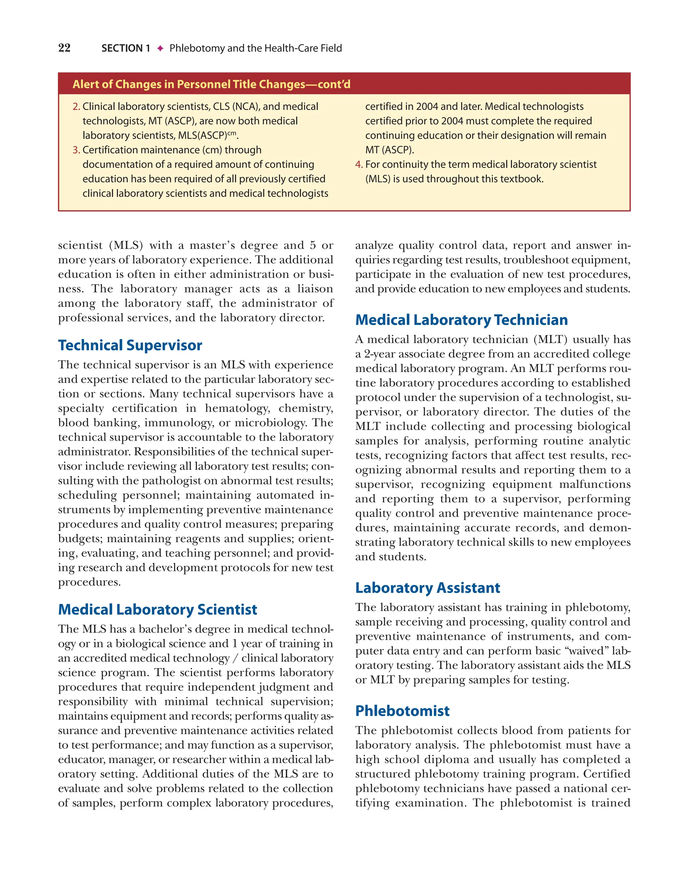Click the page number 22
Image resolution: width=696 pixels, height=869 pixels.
65,48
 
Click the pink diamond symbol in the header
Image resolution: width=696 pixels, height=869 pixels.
160,48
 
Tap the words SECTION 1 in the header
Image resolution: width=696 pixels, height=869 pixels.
125,48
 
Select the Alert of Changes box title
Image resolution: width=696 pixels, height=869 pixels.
211,84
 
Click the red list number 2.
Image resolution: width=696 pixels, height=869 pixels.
76,106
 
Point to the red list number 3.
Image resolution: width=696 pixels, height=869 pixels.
76,150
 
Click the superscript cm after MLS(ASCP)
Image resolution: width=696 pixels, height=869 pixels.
232,133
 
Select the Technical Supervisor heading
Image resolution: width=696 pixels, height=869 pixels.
130,346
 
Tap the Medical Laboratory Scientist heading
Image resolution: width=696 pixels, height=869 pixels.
157,609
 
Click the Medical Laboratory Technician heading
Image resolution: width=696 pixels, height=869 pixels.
461,320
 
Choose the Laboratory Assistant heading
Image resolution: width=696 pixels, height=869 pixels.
427,588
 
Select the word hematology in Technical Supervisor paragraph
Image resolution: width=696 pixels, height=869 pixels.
237,408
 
